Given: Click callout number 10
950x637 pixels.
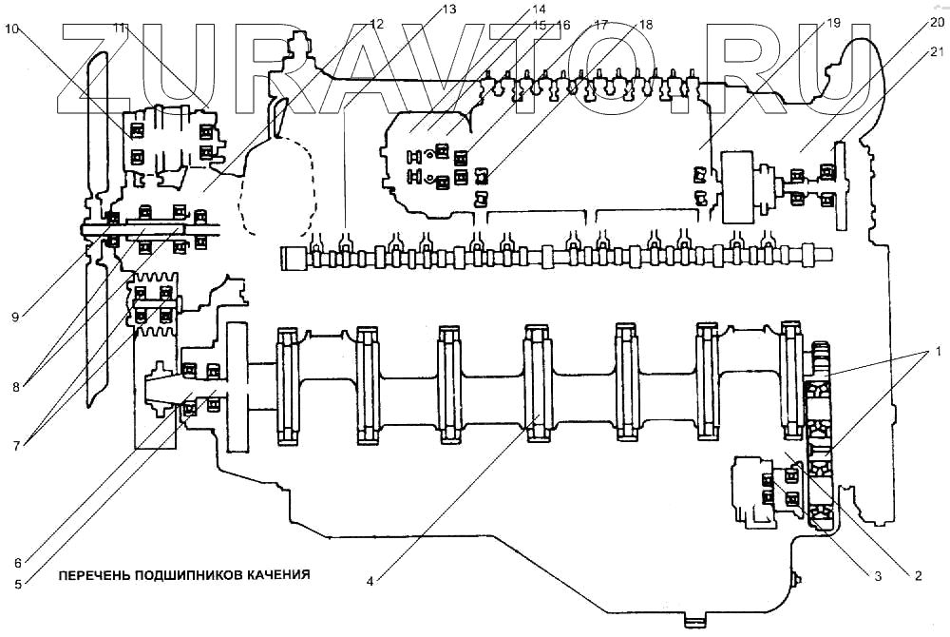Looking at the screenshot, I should click(11, 29).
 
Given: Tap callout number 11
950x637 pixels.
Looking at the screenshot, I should click(119, 29).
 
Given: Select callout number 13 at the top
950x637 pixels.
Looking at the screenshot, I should click(448, 9).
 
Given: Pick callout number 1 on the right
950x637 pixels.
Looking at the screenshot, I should click(939, 351).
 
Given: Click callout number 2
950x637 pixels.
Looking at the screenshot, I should click(918, 575).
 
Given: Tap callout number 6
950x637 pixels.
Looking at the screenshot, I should click(19, 559).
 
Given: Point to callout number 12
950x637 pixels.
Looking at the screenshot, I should click(376, 23).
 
